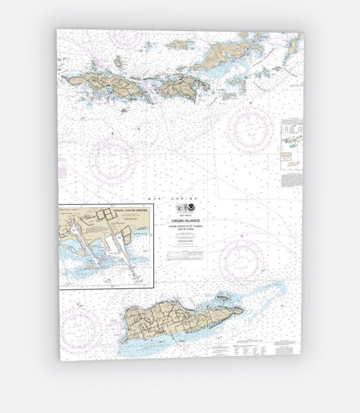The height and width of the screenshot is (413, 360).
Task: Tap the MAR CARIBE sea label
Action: (x=172, y=199)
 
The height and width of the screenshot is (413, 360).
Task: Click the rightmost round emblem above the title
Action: (x=193, y=208)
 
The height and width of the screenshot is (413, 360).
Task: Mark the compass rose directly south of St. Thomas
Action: (x=112, y=160)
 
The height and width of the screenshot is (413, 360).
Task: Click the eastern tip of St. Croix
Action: (x=243, y=310)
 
